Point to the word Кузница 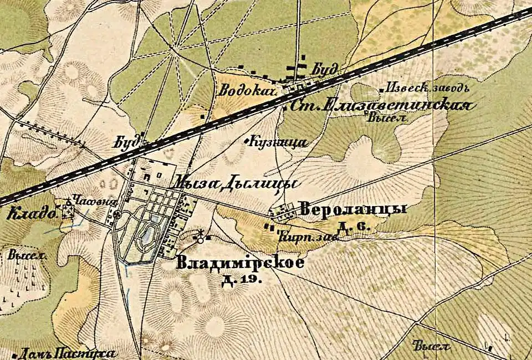click(x=279, y=142)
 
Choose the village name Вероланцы click(x=352, y=209)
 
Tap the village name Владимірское click(x=240, y=263)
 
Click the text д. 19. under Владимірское click(x=241, y=280)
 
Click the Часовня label click(x=89, y=203)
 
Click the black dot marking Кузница click(x=247, y=142)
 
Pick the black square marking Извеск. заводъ click(x=381, y=89)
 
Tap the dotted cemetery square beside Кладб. click(x=69, y=211)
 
